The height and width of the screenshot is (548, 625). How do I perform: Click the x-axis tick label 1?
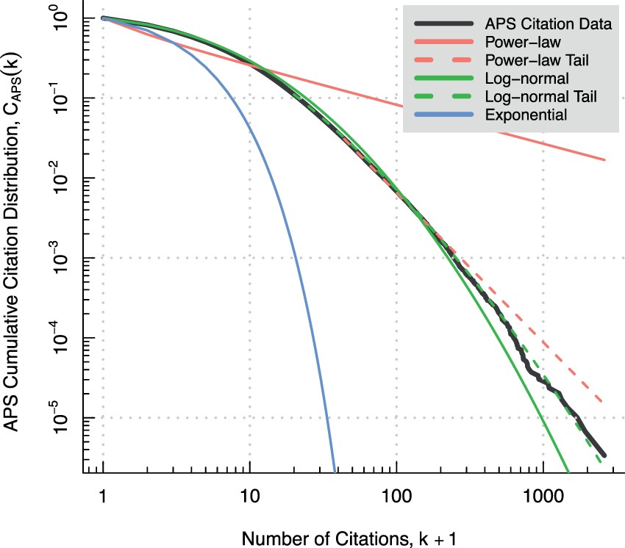pyautogui.click(x=103, y=496)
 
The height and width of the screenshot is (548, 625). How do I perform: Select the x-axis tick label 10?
pyautogui.click(x=250, y=496)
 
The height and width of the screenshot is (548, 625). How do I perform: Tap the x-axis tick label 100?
pyautogui.click(x=396, y=496)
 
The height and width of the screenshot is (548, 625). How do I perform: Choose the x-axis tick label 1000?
pyautogui.click(x=543, y=496)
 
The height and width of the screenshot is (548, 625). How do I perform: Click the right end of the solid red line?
pyautogui.click(x=605, y=159)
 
